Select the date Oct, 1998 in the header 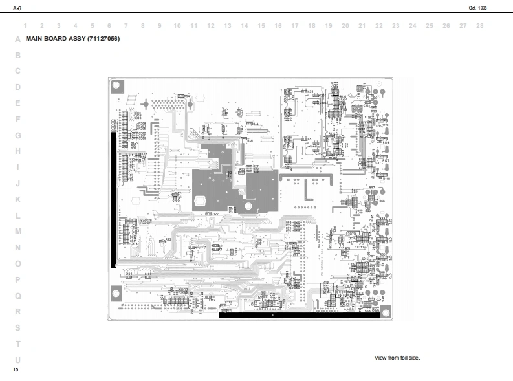(x=477, y=8)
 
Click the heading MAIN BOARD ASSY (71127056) (x=72, y=39)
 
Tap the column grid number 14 (x=245, y=26)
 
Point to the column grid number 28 (x=479, y=26)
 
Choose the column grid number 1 (x=25, y=26)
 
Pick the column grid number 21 (x=362, y=26)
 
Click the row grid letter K (x=17, y=199)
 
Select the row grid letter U (x=17, y=360)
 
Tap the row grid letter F (x=17, y=119)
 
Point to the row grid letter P (x=17, y=279)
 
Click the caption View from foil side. (x=397, y=358)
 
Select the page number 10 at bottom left (x=16, y=369)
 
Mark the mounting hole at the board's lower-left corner (x=116, y=292)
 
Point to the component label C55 (x=311, y=91)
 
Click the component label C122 (x=214, y=213)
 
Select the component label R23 (x=168, y=240)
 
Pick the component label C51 (x=310, y=138)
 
